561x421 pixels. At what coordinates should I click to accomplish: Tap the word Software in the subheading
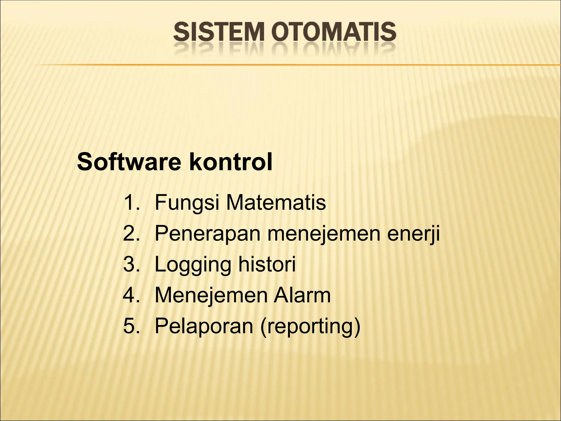click(x=129, y=162)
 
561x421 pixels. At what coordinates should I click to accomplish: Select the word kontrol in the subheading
click(x=231, y=162)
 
